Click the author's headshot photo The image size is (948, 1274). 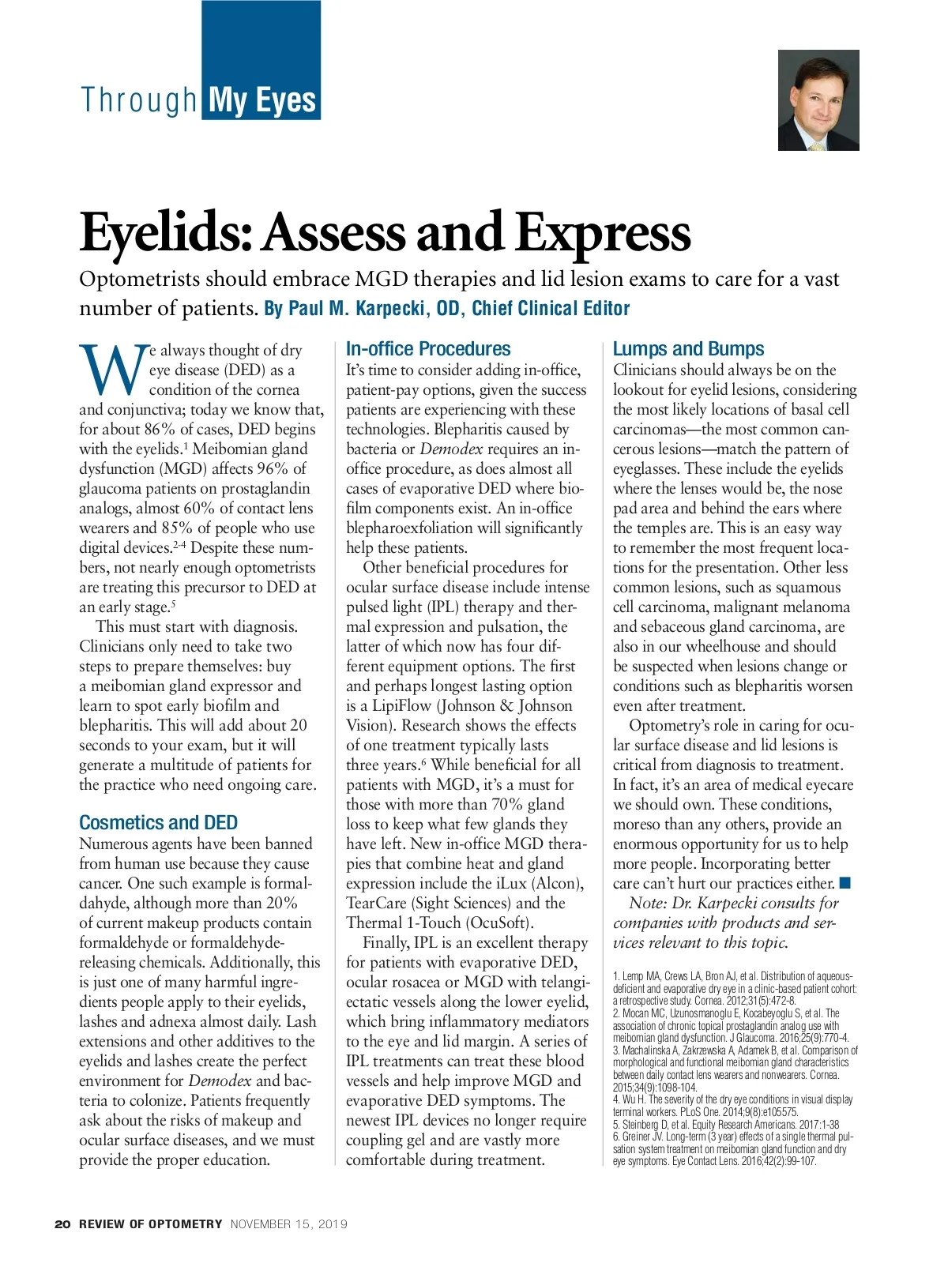click(x=818, y=100)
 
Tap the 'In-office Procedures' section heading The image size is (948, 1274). click(x=427, y=349)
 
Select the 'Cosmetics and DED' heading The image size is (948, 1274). click(x=158, y=823)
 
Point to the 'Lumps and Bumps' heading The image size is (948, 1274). click(x=688, y=349)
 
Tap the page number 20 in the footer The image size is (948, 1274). click(x=62, y=1224)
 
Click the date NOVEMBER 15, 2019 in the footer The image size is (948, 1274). click(x=288, y=1224)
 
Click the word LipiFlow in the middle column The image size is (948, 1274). click(x=401, y=705)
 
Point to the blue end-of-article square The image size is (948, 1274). click(x=845, y=882)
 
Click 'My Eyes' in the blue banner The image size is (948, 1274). click(x=261, y=101)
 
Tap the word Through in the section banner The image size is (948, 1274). click(x=138, y=101)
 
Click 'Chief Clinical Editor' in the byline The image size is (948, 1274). click(x=551, y=309)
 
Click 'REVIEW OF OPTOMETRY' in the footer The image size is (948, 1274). click(x=150, y=1224)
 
